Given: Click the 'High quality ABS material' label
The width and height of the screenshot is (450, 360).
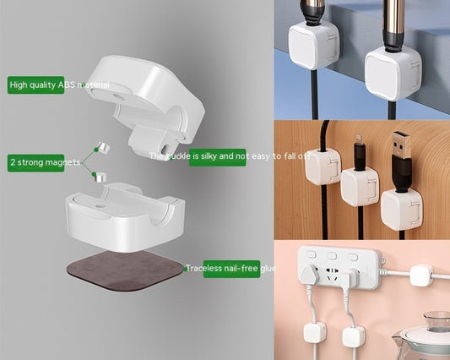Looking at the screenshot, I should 36,85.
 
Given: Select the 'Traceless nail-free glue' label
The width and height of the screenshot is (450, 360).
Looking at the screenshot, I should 231,269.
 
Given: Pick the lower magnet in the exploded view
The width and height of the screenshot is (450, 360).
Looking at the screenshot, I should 99,177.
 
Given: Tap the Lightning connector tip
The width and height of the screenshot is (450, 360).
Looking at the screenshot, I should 358,136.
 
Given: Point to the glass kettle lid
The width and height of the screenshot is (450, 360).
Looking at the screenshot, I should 434,320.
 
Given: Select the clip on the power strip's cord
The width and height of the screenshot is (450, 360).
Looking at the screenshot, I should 420,274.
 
